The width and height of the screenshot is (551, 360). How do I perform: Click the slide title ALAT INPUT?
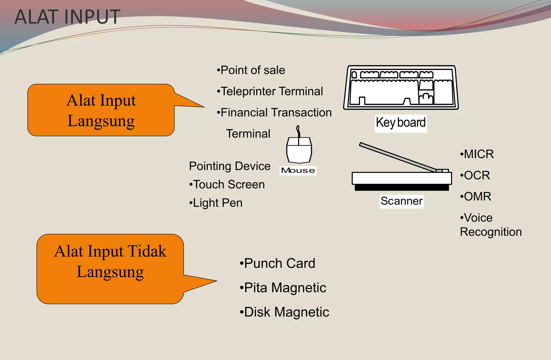[67, 17]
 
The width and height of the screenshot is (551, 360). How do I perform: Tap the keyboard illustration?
[401, 87]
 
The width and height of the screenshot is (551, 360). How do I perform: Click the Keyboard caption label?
[401, 123]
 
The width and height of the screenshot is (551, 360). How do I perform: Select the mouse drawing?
[299, 150]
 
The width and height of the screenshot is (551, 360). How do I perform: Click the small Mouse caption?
[298, 170]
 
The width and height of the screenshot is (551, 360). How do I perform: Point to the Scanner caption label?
[401, 201]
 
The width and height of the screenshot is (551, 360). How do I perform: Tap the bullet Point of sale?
[251, 70]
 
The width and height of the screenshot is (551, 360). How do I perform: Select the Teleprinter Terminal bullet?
[270, 91]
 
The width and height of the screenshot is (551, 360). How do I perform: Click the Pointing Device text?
[229, 166]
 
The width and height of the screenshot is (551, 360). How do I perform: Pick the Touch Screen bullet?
[227, 185]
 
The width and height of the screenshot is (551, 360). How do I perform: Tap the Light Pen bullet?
[216, 203]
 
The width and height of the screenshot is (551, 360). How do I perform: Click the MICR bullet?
[477, 154]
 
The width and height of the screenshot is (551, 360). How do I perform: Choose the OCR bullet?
[475, 176]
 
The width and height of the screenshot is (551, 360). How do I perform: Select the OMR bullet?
[475, 197]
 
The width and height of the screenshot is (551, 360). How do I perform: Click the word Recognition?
[491, 232]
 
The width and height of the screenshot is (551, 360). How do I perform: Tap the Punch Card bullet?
[277, 263]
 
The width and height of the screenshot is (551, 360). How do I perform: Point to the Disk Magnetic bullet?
[284, 312]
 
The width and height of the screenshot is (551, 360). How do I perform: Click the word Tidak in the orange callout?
[147, 251]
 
